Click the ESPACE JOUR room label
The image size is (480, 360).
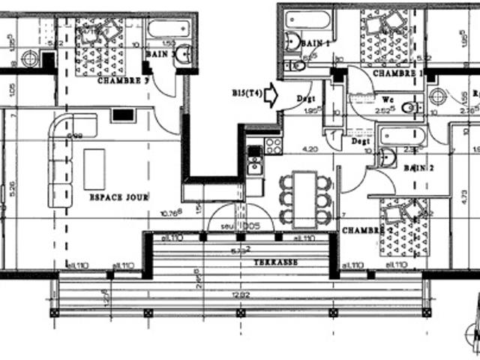(x=118, y=197)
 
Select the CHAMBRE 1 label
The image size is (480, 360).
(x=398, y=73)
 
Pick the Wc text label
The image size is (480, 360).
(x=388, y=97)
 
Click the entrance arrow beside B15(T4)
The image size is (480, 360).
(x=271, y=94)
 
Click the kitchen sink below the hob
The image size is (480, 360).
(x=255, y=163)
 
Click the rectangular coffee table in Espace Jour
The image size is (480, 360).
(x=94, y=169)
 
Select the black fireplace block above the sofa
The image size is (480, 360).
(x=122, y=115)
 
